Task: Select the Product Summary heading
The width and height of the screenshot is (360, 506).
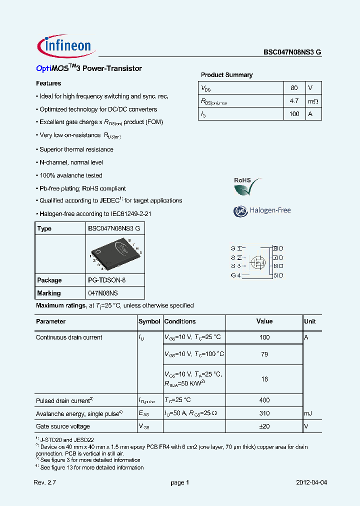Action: point(226,75)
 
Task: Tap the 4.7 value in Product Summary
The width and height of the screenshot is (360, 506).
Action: point(294,101)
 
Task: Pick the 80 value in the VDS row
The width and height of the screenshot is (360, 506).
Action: point(294,88)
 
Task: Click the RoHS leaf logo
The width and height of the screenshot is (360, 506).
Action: point(246,186)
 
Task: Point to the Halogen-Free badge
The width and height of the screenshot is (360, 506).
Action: point(262,210)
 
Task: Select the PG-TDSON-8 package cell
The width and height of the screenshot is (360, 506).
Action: point(107,280)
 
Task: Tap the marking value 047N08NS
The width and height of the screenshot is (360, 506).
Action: point(103,293)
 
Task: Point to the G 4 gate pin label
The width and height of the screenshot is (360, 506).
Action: point(235,275)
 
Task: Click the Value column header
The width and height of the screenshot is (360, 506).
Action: point(264,321)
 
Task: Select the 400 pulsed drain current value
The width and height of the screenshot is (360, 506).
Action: point(264,400)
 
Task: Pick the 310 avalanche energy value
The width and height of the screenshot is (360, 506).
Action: point(264,413)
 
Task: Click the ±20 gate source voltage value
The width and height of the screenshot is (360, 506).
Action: point(264,426)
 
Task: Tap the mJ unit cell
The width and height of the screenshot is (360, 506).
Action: point(308,413)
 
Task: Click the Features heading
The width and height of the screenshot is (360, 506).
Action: point(48,83)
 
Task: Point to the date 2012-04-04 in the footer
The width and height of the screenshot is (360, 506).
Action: point(311,482)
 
